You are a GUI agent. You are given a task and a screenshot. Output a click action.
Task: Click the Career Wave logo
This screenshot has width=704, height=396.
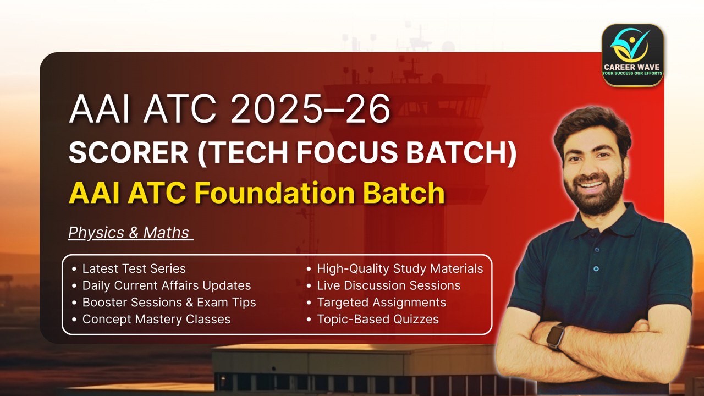point(632,55)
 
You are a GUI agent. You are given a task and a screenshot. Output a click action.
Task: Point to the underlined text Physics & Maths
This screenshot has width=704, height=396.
point(129,233)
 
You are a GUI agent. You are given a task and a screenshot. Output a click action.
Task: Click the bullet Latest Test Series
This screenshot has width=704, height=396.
point(134,269)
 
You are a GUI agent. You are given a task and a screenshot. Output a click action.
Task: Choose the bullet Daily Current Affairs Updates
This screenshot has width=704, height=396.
point(166,285)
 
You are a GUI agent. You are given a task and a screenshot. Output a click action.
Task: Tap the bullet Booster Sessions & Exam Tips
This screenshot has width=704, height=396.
point(169,302)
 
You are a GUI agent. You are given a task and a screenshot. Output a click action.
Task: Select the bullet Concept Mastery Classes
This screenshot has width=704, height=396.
point(156,319)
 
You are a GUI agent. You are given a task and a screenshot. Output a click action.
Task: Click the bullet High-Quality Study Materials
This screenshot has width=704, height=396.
point(400,269)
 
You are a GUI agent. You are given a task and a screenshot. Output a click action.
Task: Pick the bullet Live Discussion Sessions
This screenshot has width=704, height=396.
point(388,285)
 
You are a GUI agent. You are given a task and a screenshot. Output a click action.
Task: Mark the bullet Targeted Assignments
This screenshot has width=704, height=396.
point(381,302)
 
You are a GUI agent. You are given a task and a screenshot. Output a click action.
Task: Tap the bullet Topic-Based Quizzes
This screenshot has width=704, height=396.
point(378,319)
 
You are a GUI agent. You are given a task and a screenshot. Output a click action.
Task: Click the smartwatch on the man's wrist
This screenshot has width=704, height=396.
point(556,336)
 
